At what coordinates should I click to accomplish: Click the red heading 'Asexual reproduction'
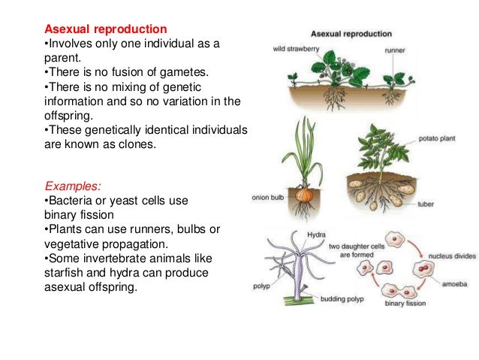pyautogui.click(x=106, y=29)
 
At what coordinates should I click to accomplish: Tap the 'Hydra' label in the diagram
pyautogui.click(x=318, y=234)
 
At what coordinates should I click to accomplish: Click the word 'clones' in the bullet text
pyautogui.click(x=135, y=146)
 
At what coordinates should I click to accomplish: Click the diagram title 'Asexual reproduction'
pyautogui.click(x=351, y=34)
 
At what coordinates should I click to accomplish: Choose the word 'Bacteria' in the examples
pyautogui.click(x=72, y=201)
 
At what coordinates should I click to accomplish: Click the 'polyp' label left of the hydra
pyautogui.click(x=262, y=286)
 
